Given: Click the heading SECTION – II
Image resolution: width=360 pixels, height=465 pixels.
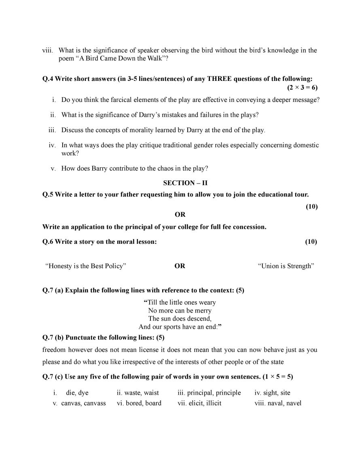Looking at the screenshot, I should [x=180, y=183].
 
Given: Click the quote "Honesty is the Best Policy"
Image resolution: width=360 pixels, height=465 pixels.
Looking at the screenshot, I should [x=86, y=266].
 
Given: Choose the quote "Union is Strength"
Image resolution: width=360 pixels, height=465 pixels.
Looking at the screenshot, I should [x=286, y=266].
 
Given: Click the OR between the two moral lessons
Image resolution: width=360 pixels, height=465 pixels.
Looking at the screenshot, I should [x=180, y=266].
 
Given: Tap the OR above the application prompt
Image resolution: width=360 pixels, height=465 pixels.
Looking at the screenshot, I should [x=180, y=215].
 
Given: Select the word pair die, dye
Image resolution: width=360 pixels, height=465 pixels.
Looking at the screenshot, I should [x=77, y=393].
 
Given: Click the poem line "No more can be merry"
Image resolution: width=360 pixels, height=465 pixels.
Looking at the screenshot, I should [x=180, y=311].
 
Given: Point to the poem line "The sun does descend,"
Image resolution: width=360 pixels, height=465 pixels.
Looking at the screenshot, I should [x=180, y=319].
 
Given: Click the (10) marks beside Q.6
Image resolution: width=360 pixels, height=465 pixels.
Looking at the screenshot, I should [x=311, y=242].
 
